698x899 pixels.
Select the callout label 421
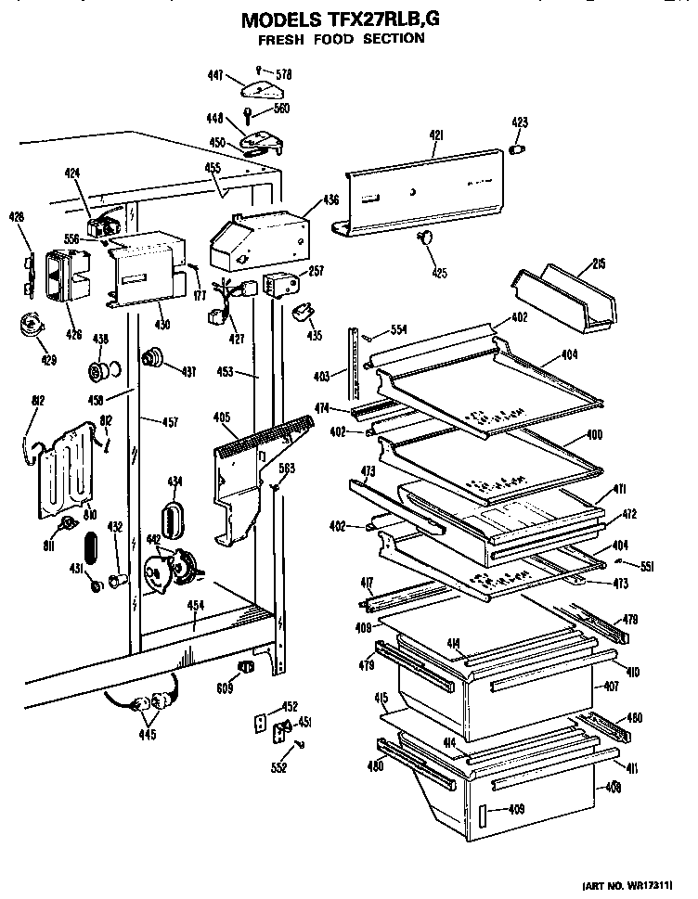pyautogui.click(x=436, y=135)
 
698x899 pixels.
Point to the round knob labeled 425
pyautogui.click(x=427, y=240)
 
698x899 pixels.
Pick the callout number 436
pyautogui.click(x=330, y=199)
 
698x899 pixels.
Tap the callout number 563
pyautogui.click(x=288, y=469)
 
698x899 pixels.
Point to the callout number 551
pyautogui.click(x=647, y=565)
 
